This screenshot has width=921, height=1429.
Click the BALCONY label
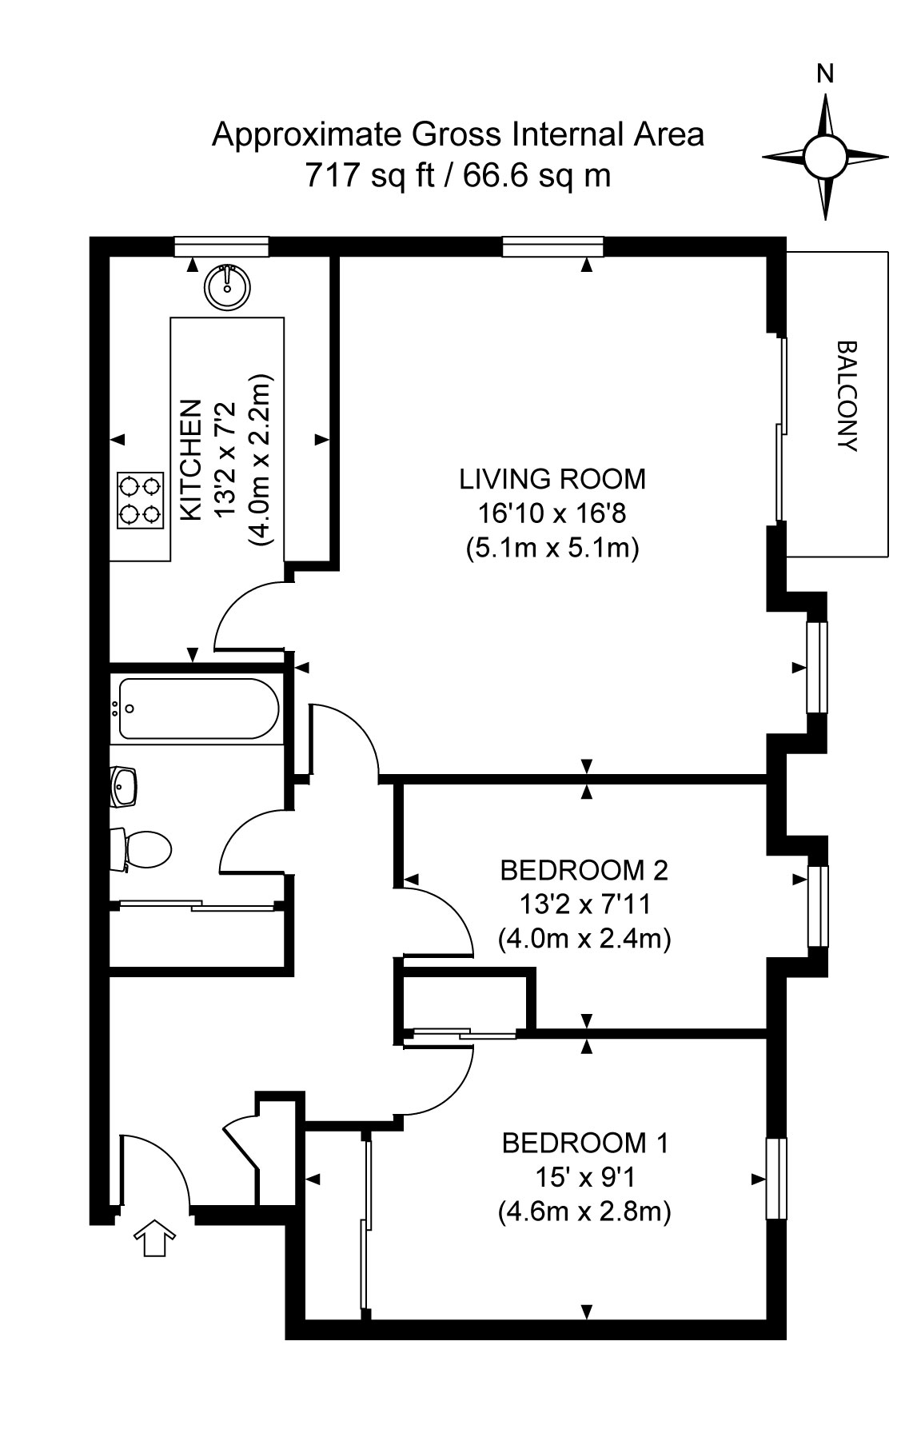[846, 397]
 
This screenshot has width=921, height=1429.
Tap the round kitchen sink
[228, 285]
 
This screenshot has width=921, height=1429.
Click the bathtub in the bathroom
[197, 709]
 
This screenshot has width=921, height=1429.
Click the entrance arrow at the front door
[153, 1238]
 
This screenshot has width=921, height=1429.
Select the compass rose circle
[825, 157]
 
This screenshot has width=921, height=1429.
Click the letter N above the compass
[825, 74]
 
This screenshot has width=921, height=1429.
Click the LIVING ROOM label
[552, 479]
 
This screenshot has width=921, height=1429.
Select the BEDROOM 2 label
[584, 869]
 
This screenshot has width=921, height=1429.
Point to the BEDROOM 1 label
[584, 1144]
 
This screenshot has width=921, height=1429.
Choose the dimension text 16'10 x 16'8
[552, 513]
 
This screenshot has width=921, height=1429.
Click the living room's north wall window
[552, 246]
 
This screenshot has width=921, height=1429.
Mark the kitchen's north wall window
[222, 246]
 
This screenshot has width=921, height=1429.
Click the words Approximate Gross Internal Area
[458, 134]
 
